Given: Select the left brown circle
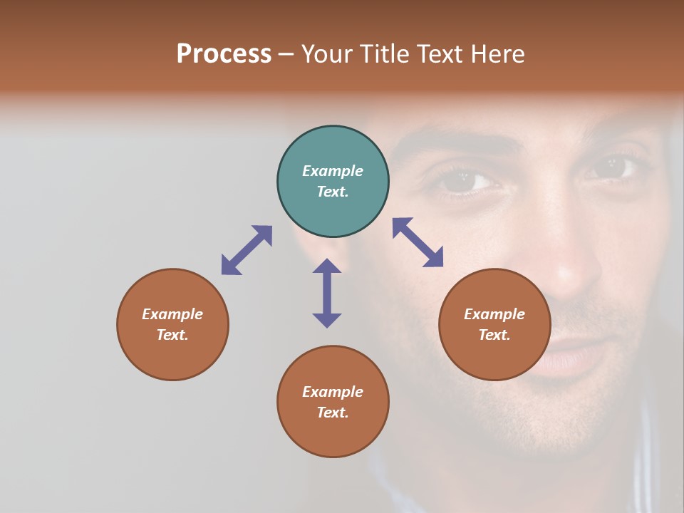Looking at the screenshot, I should click(x=172, y=324).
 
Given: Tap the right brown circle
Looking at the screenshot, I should click(x=494, y=324).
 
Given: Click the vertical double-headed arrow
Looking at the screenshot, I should click(x=327, y=293).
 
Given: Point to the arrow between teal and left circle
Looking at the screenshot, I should click(x=247, y=250).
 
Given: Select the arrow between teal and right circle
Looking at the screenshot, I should click(x=418, y=242).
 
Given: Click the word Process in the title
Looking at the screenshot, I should click(x=224, y=54).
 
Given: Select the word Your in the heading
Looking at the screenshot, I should click(x=328, y=54).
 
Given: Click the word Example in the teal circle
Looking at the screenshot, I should click(x=333, y=171).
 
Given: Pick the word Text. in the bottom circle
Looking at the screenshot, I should click(x=333, y=413).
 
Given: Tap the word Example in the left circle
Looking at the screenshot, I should click(x=172, y=314).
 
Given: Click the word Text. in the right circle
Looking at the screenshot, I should click(x=494, y=335).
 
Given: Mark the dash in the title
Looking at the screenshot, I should click(x=286, y=55).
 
